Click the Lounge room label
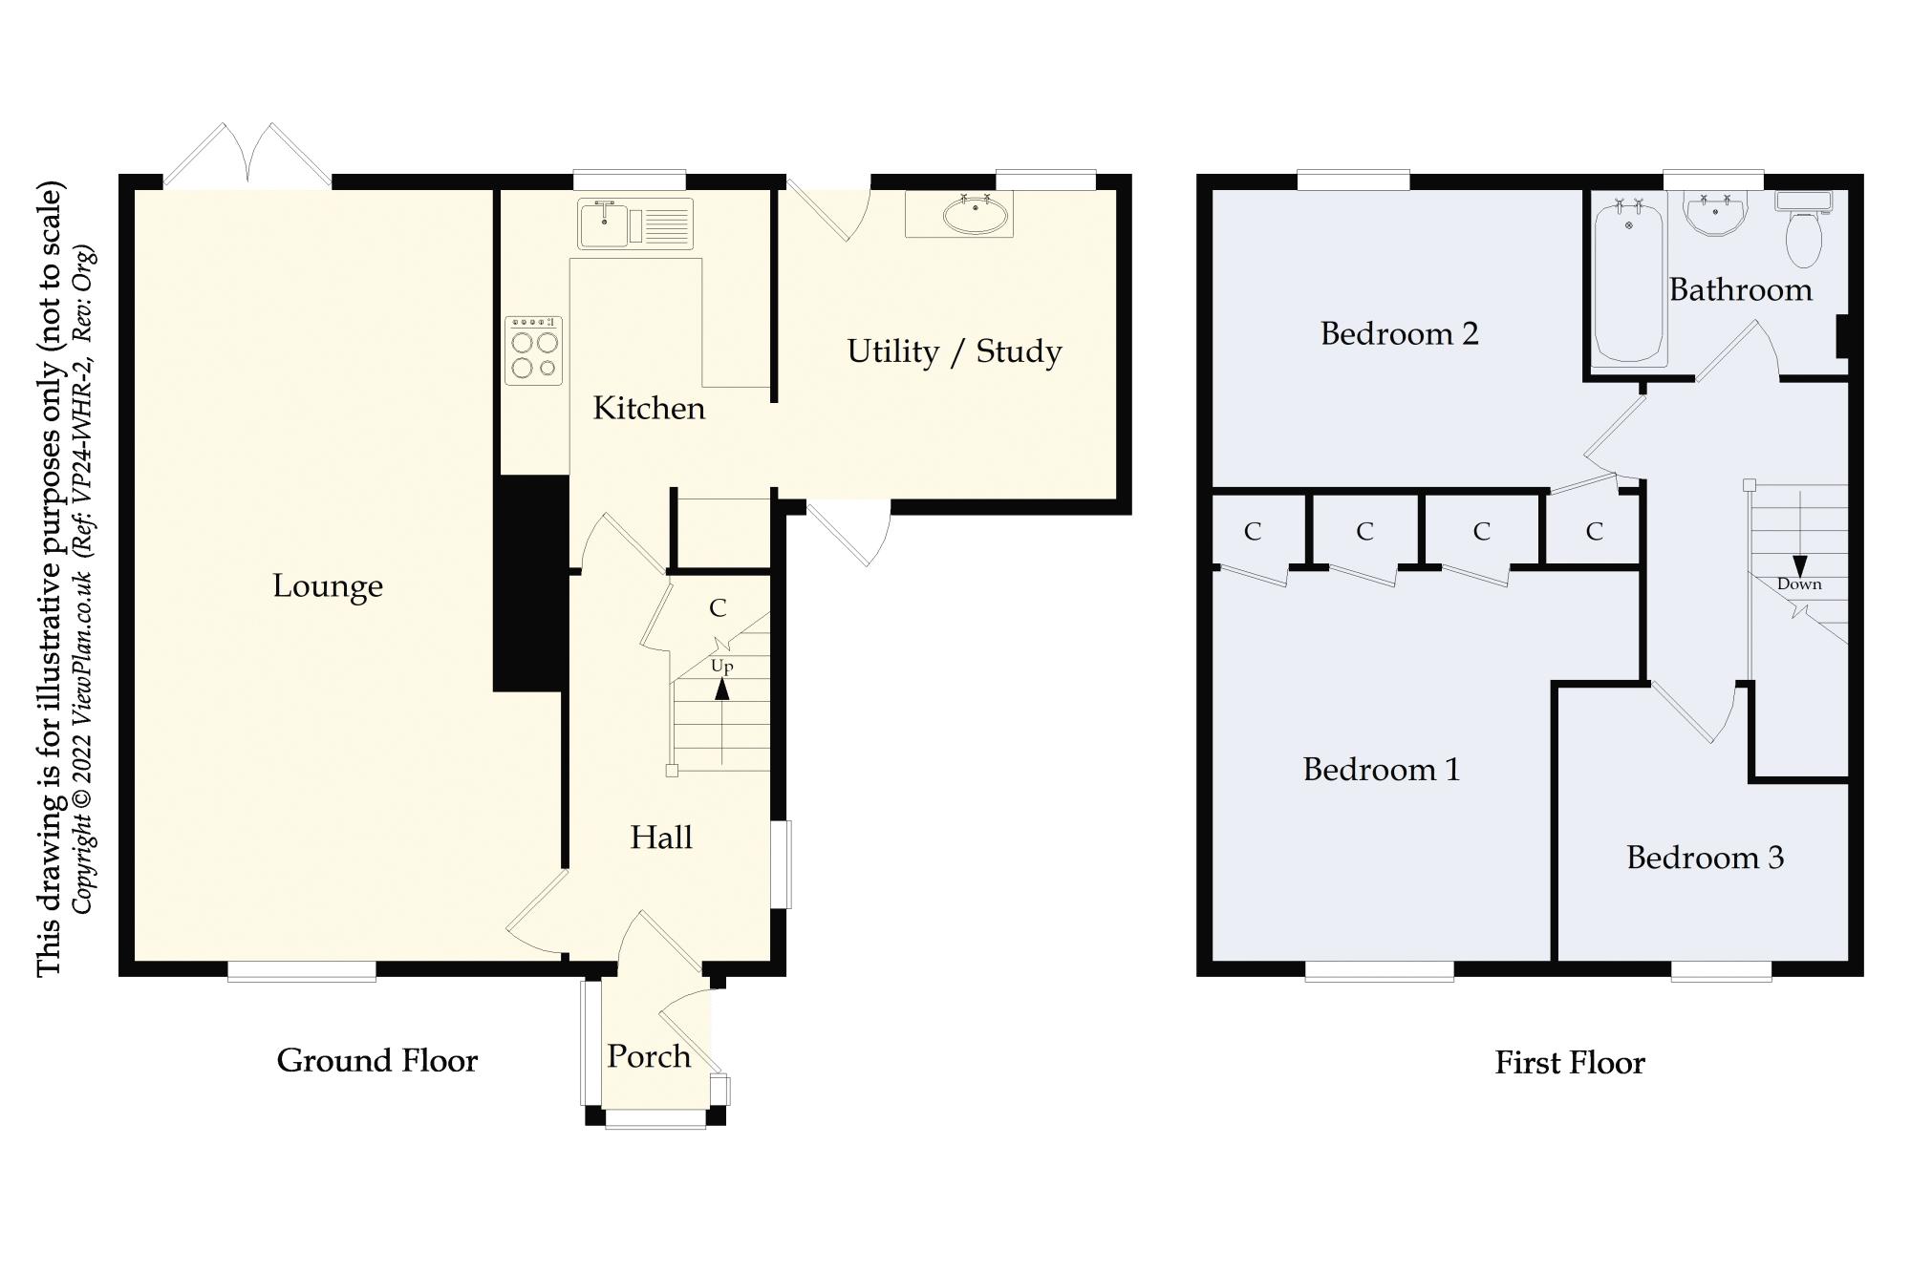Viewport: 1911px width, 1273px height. (x=328, y=585)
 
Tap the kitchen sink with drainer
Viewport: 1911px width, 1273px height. (x=634, y=224)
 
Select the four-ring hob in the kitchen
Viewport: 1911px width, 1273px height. (x=533, y=350)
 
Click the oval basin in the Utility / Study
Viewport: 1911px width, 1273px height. (x=974, y=217)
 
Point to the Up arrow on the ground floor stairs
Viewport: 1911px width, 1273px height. (x=722, y=688)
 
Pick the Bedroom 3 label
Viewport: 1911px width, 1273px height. (x=1705, y=858)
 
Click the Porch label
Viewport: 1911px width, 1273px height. (x=648, y=1056)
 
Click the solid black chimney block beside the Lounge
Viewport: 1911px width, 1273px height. (x=528, y=583)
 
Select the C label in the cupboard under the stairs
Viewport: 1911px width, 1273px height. (x=718, y=607)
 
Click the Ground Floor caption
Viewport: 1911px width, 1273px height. (x=376, y=1060)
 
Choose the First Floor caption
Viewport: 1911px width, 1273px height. (x=1569, y=1063)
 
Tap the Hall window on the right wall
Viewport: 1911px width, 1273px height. (x=782, y=864)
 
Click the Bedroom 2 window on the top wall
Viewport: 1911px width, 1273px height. (x=1352, y=180)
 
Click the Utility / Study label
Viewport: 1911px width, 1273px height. (x=954, y=351)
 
